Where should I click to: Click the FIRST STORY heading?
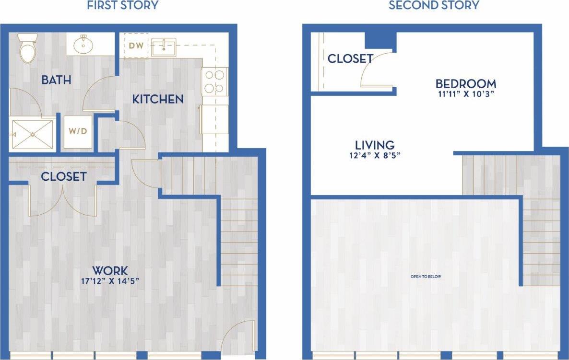click(123, 6)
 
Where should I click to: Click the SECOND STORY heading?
click(434, 6)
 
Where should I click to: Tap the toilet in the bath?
click(27, 47)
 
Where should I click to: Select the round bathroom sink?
click(83, 45)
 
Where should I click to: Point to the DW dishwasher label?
click(136, 46)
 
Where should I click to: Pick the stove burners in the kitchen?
click(214, 81)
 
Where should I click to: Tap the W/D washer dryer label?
click(77, 131)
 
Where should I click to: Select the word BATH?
click(56, 80)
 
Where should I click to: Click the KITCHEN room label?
click(158, 99)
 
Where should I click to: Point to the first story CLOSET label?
click(64, 176)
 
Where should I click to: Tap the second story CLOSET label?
click(350, 59)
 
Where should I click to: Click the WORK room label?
click(110, 270)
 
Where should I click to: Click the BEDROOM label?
click(465, 84)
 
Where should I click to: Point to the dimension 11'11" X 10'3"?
click(465, 94)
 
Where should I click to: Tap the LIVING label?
click(375, 145)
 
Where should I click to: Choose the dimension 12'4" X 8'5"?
click(375, 155)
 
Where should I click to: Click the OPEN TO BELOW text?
click(426, 277)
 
